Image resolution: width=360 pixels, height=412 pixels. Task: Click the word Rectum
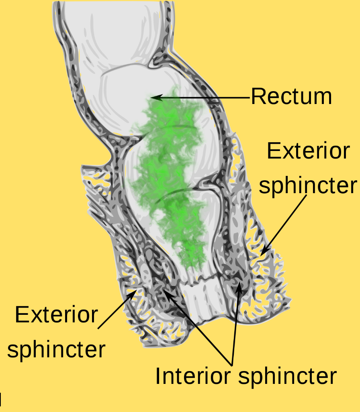[x=291, y=96]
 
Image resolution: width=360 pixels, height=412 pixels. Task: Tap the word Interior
[x=193, y=376]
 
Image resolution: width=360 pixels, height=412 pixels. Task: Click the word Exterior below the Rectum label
[x=309, y=151]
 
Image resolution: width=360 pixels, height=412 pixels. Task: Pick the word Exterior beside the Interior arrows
[x=57, y=315]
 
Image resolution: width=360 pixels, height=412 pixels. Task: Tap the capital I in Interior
[x=158, y=376]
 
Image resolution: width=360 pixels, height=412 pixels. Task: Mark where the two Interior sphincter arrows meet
[x=232, y=365]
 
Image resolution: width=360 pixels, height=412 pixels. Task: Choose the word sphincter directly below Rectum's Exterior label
[x=308, y=186]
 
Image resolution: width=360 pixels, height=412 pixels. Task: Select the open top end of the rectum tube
[x=113, y=2]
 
